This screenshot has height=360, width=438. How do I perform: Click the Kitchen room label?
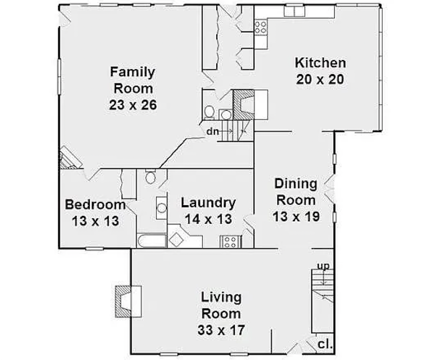(320, 63)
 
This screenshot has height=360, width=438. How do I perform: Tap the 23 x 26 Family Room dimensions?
(133, 105)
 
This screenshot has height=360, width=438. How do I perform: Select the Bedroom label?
(95, 205)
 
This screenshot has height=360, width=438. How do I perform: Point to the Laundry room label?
(209, 203)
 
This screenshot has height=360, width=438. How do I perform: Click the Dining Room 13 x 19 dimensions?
(296, 216)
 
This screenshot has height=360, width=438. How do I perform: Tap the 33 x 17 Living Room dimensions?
(221, 330)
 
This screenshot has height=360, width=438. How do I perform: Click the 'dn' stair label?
(212, 131)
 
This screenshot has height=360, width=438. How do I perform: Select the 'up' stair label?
(324, 266)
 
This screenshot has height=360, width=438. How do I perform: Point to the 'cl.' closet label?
(325, 344)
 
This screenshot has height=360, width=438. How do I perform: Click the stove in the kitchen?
(260, 27)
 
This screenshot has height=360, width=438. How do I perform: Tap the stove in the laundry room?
(231, 242)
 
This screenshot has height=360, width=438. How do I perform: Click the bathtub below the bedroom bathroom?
(152, 241)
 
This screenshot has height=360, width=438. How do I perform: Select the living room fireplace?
(128, 301)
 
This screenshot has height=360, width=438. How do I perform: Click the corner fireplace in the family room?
(69, 158)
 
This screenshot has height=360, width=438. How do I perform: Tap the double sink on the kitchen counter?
(294, 11)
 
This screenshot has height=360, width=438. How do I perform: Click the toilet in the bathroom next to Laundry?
(150, 177)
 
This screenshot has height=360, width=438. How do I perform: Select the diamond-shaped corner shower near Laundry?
(177, 240)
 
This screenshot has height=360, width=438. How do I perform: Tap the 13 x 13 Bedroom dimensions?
(95, 221)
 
